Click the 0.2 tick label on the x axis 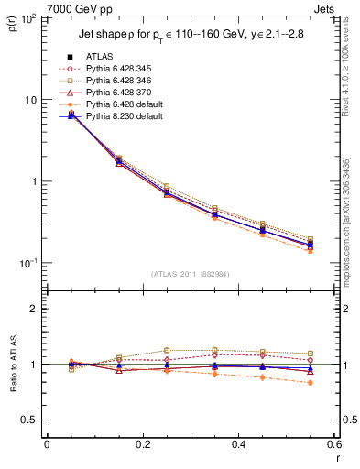point(143,445)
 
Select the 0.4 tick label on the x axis point(238,445)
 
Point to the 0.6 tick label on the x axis point(334,445)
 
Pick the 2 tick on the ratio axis point(34,310)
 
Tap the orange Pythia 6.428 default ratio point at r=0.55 point(311,383)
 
